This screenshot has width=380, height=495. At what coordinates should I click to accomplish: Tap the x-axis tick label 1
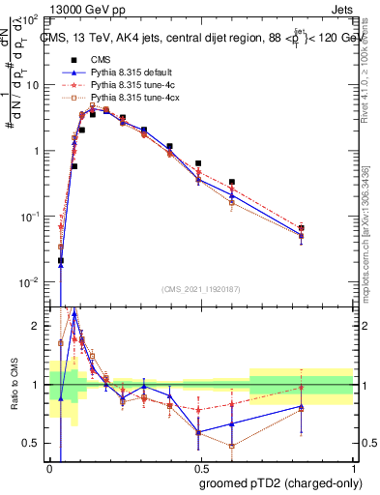pos(354,467)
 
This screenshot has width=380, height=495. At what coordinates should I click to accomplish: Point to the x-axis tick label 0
pos(50,467)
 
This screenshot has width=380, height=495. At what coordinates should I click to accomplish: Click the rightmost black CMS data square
pos(302,228)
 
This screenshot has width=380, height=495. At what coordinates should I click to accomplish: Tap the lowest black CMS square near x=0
pos(61,260)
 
